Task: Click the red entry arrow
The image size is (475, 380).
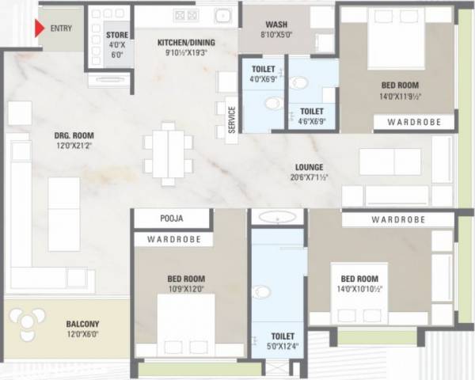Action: (x=37, y=28)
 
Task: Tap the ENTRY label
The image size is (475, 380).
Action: (x=59, y=28)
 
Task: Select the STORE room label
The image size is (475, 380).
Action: (x=116, y=35)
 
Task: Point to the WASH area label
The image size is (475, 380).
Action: (x=276, y=24)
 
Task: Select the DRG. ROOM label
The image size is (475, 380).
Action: (x=51, y=135)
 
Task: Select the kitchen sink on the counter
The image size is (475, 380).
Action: (x=222, y=15)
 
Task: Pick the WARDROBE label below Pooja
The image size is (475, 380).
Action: (x=173, y=238)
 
